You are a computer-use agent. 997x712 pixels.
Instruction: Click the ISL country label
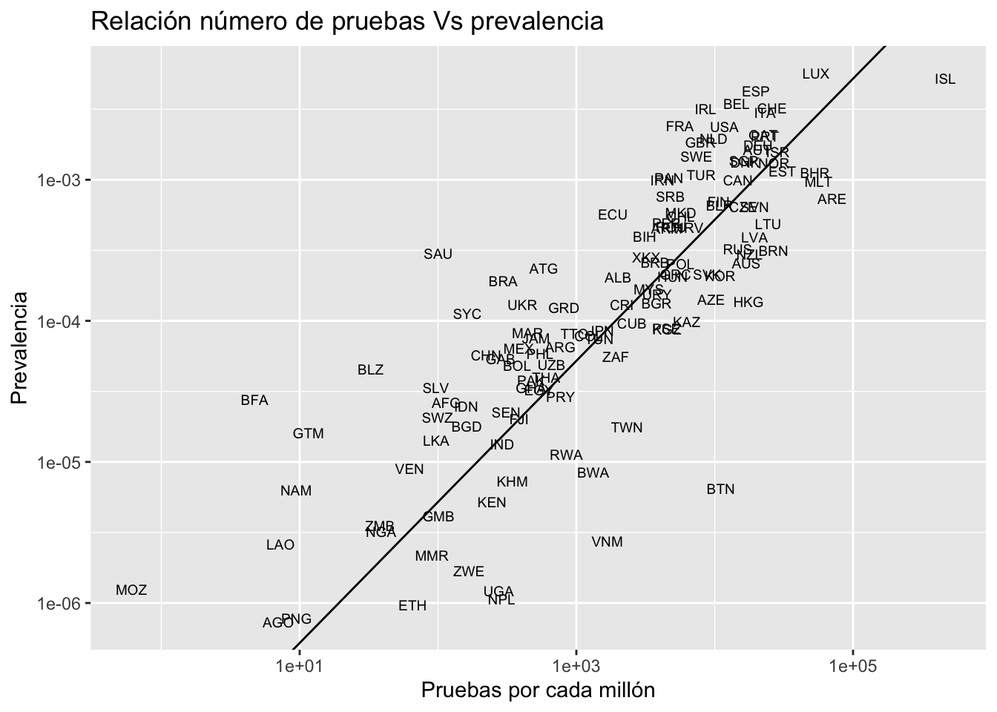[945, 79]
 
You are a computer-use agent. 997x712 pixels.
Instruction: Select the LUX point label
[815, 74]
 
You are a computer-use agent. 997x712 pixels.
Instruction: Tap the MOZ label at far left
[131, 590]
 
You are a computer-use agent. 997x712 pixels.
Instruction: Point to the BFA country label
[254, 400]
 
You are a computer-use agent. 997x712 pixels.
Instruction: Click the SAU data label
[438, 254]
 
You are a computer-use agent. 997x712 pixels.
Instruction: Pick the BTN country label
[720, 489]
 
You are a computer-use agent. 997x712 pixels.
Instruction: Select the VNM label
[607, 542]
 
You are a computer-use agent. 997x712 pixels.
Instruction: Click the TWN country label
[627, 428]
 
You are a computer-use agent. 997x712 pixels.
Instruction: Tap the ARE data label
[832, 200]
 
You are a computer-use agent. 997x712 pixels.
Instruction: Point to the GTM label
[308, 434]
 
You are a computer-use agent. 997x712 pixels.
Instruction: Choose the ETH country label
[412, 606]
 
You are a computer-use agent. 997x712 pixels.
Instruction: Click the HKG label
[748, 303]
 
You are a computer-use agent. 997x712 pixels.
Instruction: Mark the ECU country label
[613, 215]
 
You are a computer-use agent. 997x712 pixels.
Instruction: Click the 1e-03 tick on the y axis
[59, 180]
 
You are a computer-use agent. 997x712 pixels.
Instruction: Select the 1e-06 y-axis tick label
[59, 604]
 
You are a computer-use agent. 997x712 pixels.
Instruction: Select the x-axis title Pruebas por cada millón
[538, 690]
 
